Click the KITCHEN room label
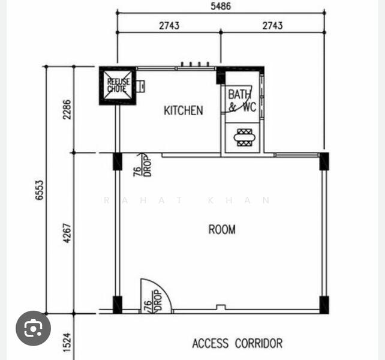click(x=183, y=110)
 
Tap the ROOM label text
click(x=222, y=229)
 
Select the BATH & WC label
click(x=240, y=101)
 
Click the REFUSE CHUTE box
click(x=117, y=85)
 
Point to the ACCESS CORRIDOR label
click(x=237, y=344)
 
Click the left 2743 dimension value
click(x=169, y=26)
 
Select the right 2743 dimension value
click(x=272, y=26)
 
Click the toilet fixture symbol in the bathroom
click(x=243, y=137)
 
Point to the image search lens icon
click(x=33, y=328)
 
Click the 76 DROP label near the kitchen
click(x=141, y=165)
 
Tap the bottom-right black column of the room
click(x=324, y=304)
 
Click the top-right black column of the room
click(x=324, y=161)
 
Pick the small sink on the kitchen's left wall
click(x=140, y=86)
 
